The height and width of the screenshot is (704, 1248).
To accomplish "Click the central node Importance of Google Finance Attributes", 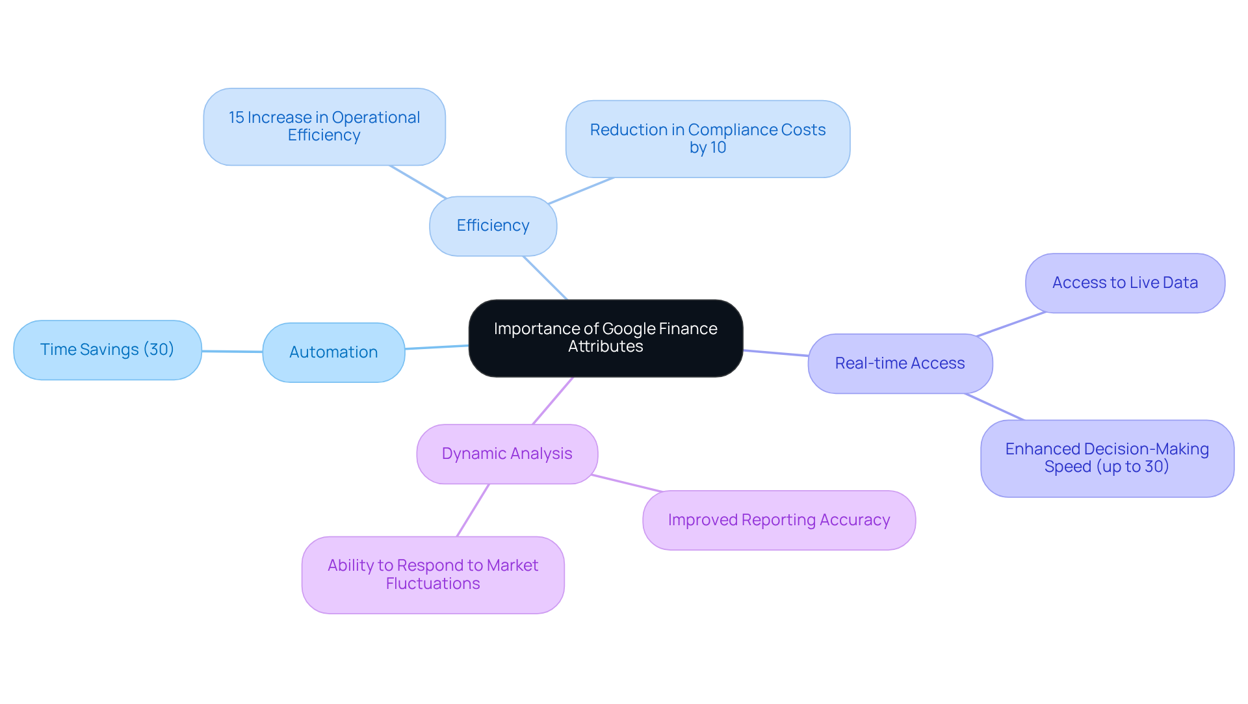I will coord(605,338).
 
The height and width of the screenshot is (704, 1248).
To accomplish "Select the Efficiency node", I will coord(493,226).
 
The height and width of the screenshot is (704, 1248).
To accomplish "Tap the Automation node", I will coord(333,352).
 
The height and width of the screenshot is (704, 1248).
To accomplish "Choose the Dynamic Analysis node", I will coord(507,454).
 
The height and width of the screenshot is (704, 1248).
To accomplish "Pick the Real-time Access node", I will coord(900,363).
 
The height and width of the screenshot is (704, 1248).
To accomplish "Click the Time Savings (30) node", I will coord(107,350).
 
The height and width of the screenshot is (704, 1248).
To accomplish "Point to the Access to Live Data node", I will coord(1124,283).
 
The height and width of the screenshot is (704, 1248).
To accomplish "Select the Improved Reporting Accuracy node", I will coord(779,520).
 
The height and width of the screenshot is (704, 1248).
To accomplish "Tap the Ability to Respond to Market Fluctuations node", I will coord(433,575).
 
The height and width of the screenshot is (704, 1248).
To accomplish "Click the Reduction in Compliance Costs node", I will coord(707,138).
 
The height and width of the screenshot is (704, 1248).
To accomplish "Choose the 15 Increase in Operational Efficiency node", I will coord(324,126).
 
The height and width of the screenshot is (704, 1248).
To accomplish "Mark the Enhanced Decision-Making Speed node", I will coord(1106,458).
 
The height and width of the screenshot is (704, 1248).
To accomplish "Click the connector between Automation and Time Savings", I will coord(232,352).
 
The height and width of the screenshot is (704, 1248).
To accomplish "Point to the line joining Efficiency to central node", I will coord(545,278).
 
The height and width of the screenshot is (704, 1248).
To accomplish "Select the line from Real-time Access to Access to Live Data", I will coord(1011,324).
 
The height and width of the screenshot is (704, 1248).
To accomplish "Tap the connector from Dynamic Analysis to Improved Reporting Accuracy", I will coord(627,483).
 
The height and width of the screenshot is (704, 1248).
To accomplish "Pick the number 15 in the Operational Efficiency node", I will coord(236,118).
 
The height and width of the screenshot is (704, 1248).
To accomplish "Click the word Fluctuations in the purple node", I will coord(433,584).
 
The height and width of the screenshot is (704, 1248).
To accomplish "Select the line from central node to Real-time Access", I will coord(775,353).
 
